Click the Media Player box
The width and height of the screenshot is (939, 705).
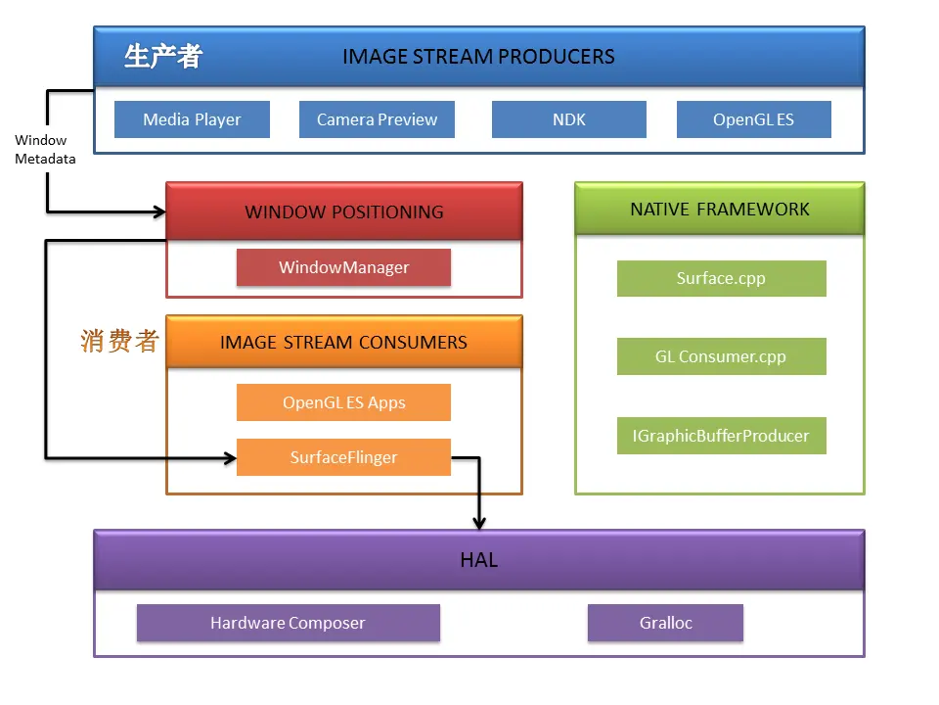tap(192, 119)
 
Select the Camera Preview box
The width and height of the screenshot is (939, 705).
tap(377, 119)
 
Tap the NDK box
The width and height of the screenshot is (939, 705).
tap(569, 119)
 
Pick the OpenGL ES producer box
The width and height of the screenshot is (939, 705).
tap(754, 119)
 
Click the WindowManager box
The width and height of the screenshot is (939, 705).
tap(343, 267)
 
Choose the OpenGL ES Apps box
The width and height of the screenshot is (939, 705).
tap(343, 402)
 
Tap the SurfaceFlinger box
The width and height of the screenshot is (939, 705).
tap(343, 457)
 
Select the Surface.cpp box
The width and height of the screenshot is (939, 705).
tap(722, 278)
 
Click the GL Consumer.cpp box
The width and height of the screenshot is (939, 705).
tap(722, 356)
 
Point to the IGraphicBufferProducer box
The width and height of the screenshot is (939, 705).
tap(722, 436)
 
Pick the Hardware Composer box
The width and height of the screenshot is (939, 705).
tap(288, 623)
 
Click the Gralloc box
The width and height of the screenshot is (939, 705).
tap(665, 623)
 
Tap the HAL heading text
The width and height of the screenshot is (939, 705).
tap(479, 560)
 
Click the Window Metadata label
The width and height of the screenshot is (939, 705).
tap(45, 149)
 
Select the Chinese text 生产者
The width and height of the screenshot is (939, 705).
tap(163, 57)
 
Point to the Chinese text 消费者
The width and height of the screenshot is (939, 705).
tap(119, 341)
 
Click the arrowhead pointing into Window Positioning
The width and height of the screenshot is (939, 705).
tap(160, 211)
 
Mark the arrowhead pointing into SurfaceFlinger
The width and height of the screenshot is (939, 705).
tap(231, 458)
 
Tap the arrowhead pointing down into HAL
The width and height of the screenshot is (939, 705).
tap(479, 524)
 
